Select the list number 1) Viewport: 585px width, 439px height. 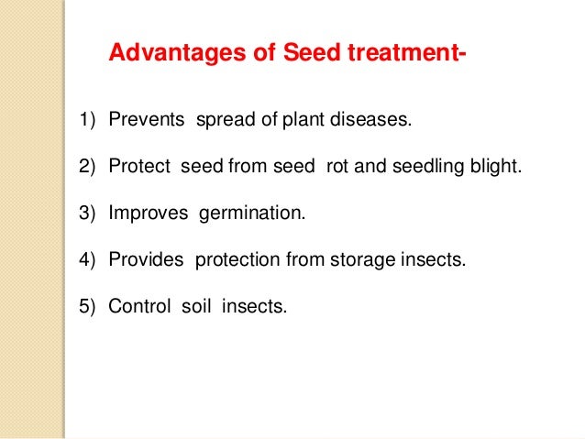tap(87, 120)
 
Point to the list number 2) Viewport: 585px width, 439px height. tap(87, 167)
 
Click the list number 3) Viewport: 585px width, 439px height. tap(87, 213)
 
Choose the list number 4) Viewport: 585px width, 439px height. tap(87, 259)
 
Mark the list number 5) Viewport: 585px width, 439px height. tap(87, 306)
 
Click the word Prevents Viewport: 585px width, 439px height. tap(147, 120)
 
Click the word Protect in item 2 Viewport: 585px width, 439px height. tap(139, 167)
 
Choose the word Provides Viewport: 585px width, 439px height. tap(147, 259)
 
